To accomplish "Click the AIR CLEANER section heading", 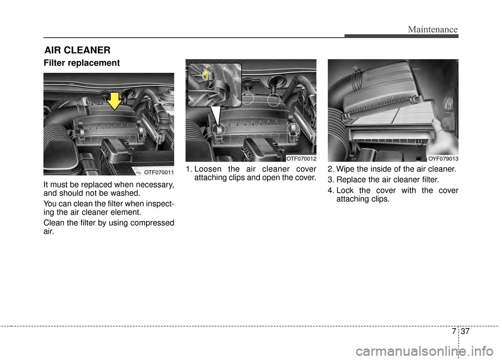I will point(77,50).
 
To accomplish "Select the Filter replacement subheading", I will point(82,63).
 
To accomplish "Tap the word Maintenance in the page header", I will point(432,29).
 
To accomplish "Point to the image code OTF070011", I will point(158,171).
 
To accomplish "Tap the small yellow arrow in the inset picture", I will point(206,74).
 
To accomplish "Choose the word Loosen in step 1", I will point(208,169).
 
